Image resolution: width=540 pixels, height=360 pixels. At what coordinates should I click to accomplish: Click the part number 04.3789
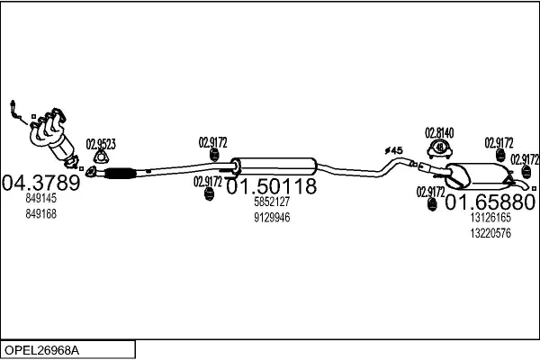pos(42,183)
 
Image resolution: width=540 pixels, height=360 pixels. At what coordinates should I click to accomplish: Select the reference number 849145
pos(41,199)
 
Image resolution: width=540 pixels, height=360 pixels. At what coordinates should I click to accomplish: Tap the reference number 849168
pos(41,213)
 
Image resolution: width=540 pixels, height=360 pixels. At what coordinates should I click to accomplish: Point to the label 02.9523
pos(101,143)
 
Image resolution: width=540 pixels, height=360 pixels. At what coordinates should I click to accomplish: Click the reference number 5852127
pos(271,202)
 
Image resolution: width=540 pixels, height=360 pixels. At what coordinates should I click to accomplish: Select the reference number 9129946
pos(271,217)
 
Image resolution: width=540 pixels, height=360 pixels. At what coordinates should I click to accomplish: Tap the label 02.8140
pos(439,133)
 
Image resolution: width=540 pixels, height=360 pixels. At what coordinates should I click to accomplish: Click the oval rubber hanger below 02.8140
pos(439,149)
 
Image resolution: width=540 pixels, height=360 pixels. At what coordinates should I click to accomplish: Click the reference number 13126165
pos(490,217)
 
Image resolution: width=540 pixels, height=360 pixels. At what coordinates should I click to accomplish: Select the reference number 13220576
pos(490,232)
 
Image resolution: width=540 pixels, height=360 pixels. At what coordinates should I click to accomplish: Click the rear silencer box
pos(478,178)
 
